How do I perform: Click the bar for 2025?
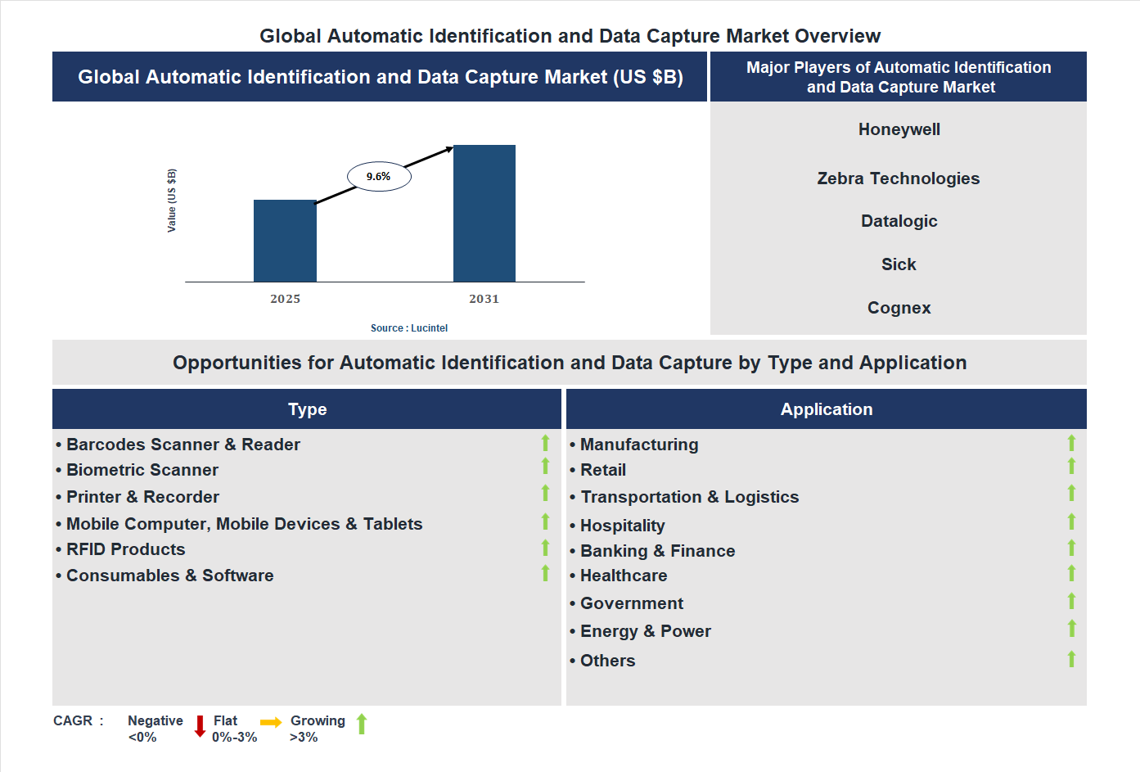pyautogui.click(x=285, y=241)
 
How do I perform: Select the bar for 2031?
pyautogui.click(x=484, y=214)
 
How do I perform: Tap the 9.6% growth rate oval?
pyautogui.click(x=379, y=176)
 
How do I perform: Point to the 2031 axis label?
pyautogui.click(x=484, y=299)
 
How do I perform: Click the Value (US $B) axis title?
pyautogui.click(x=172, y=201)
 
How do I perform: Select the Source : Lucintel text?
pyautogui.click(x=408, y=328)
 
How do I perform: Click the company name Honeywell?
pyautogui.click(x=899, y=129)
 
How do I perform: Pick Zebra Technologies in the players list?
pyautogui.click(x=898, y=178)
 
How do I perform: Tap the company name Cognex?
pyautogui.click(x=899, y=308)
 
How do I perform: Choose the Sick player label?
pyautogui.click(x=898, y=264)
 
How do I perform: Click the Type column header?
pyautogui.click(x=307, y=409)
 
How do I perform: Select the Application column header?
pyautogui.click(x=826, y=409)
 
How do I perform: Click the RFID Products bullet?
pyautogui.click(x=125, y=549)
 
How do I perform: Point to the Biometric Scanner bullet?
pyautogui.click(x=142, y=470)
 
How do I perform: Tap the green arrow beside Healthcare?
pyautogui.click(x=1071, y=573)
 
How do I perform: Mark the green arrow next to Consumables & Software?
pyautogui.click(x=545, y=573)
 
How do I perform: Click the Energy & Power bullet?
pyautogui.click(x=645, y=631)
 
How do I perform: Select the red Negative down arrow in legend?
pyautogui.click(x=200, y=726)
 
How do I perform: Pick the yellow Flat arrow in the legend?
pyautogui.click(x=271, y=722)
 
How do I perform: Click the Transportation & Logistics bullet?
pyautogui.click(x=689, y=497)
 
